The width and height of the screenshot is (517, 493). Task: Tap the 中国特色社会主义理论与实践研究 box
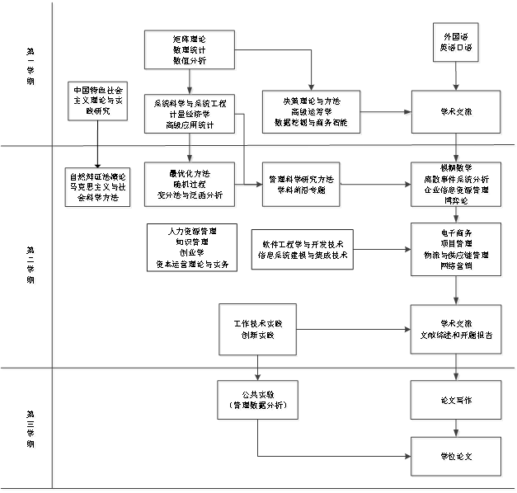pyautogui.click(x=100, y=102)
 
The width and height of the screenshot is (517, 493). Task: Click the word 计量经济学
pyautogui.click(x=190, y=115)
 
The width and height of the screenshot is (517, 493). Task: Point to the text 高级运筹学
pyautogui.click(x=313, y=114)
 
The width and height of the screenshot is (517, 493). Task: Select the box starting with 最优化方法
pyautogui.click(x=190, y=186)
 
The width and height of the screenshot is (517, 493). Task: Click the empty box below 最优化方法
pyautogui.click(x=190, y=246)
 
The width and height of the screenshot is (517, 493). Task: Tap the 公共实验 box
pyautogui.click(x=259, y=401)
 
